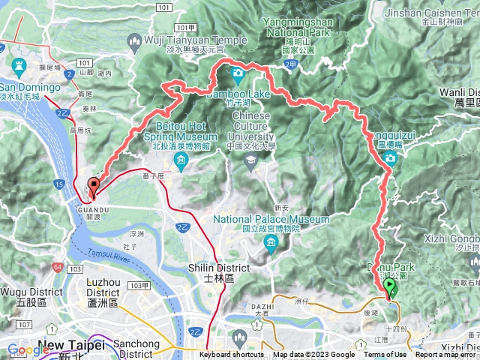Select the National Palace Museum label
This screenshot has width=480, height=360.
(271, 219)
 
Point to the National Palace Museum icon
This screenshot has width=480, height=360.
(270, 242)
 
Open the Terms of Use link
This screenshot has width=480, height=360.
(385, 355)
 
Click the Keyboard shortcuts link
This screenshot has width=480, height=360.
(232, 355)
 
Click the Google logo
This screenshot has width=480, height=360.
(28, 349)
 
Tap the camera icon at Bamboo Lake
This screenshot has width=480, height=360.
(238, 73)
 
